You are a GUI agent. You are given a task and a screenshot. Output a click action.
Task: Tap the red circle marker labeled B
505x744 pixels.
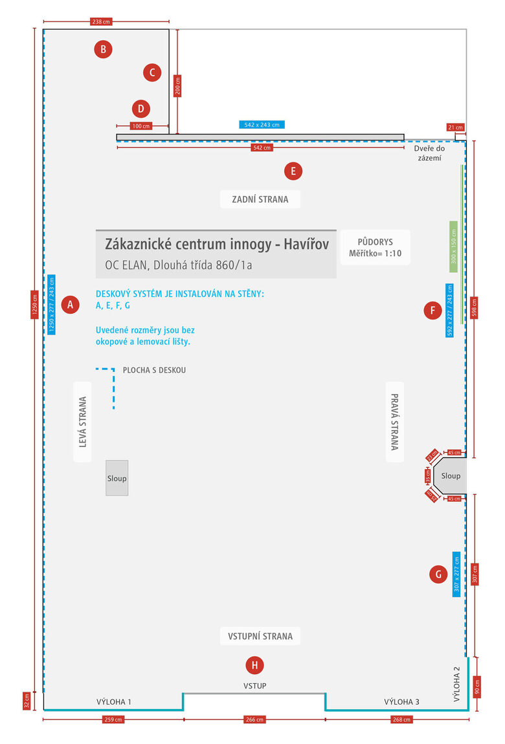tap(103, 49)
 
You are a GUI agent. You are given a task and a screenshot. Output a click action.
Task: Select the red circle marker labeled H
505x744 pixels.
tap(254, 664)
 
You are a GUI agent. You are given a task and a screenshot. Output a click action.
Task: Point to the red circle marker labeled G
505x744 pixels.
tap(438, 574)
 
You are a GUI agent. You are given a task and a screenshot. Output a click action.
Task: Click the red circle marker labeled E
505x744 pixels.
tap(293, 171)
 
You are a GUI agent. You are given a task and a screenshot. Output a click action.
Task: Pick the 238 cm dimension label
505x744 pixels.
tap(101, 22)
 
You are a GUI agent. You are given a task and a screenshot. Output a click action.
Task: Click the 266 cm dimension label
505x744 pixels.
tap(254, 719)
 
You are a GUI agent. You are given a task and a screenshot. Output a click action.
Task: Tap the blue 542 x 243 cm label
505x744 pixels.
tap(262, 125)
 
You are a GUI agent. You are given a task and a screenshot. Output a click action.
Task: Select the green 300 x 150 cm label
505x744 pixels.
tap(453, 246)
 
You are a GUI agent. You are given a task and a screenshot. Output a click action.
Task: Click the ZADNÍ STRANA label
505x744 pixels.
tap(260, 199)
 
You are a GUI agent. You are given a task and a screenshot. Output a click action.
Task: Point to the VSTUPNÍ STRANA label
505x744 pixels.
tap(260, 636)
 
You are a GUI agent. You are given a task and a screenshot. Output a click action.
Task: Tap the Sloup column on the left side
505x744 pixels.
tap(117, 478)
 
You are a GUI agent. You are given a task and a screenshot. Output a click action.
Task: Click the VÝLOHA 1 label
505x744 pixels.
tap(114, 701)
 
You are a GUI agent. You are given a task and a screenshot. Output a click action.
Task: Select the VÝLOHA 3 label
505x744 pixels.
tap(401, 701)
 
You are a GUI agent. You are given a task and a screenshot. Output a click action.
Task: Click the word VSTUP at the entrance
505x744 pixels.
tap(254, 686)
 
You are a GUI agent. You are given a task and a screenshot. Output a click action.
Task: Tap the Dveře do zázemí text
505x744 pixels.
tap(429, 153)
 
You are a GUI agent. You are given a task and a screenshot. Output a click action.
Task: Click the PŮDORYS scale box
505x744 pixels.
tap(375, 247)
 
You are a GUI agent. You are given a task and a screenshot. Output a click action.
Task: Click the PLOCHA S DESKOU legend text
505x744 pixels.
tap(154, 370)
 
